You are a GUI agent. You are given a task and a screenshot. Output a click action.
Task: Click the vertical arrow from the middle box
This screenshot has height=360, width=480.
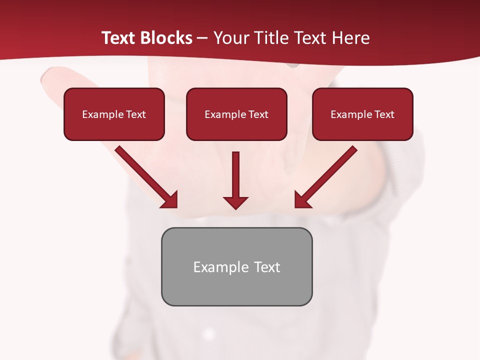click(235, 175)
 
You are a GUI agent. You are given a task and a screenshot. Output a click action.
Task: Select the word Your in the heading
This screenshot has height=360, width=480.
click(230, 38)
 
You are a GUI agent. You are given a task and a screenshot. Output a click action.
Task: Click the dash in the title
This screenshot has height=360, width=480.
click(202, 38)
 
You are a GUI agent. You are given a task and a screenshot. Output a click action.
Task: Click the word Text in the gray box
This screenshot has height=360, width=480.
click(267, 267)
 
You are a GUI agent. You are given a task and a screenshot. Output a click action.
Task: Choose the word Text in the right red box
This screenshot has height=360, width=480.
click(384, 114)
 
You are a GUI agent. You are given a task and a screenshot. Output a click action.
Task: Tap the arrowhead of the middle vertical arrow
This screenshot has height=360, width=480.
click(235, 202)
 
